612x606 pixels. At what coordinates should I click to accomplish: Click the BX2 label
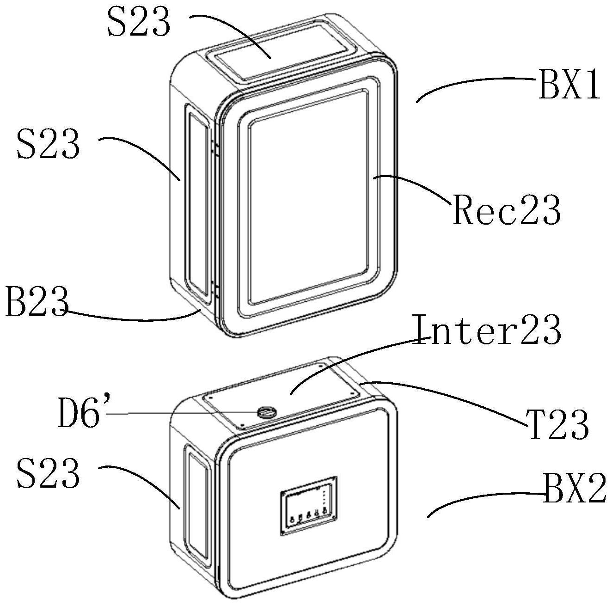point(575,490)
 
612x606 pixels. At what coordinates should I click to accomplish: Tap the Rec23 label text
point(507,210)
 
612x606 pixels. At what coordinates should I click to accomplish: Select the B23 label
point(36,301)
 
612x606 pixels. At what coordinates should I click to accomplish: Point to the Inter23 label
point(487,330)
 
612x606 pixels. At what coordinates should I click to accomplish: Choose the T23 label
point(558,424)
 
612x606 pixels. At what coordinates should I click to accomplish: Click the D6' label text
point(79,413)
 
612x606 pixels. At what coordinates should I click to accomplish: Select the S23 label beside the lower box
point(48,474)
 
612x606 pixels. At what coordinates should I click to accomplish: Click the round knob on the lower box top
point(266,411)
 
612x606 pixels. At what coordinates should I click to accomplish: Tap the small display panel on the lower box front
point(308,506)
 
